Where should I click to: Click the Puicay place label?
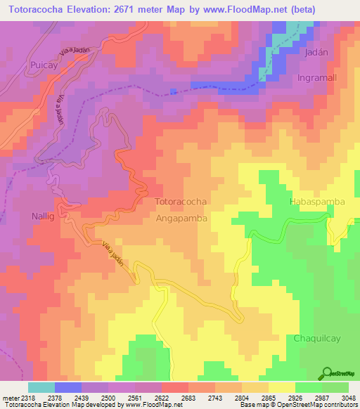click(29, 65)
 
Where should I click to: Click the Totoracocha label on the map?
click(180, 202)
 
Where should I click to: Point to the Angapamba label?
click(180, 219)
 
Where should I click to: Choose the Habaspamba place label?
click(317, 202)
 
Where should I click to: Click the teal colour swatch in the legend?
click(41, 387)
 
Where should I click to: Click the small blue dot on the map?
click(173, 91)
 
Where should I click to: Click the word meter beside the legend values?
click(10, 397)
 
